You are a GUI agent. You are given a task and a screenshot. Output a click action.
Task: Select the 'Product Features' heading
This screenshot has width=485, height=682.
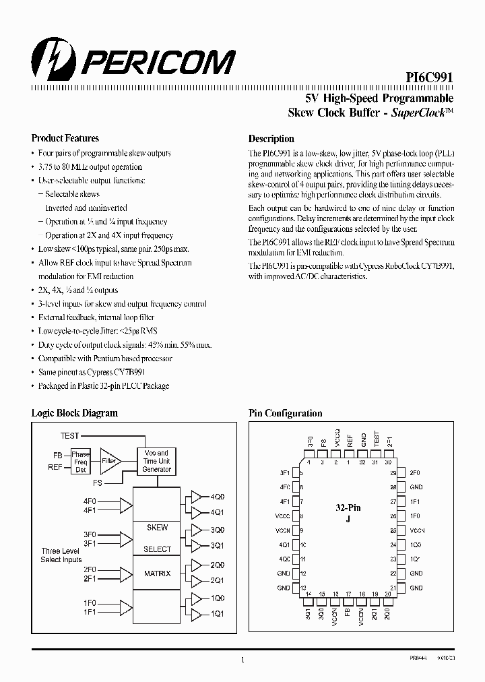coord(65,138)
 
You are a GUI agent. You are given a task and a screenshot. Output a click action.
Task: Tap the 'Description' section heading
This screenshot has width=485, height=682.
coord(271,138)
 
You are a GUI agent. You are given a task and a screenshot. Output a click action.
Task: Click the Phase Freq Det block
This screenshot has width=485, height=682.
coord(80,462)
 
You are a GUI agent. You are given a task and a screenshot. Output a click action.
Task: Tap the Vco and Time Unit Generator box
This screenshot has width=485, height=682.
coord(157,461)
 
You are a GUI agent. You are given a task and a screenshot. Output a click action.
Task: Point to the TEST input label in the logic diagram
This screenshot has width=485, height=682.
coord(70,436)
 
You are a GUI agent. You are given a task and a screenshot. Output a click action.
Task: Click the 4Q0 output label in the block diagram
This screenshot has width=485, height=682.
coord(218,497)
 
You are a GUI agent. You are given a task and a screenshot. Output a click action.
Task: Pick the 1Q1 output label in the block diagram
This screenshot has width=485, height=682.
coord(218,614)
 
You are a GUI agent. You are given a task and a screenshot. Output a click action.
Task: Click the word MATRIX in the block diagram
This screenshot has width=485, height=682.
coord(157,573)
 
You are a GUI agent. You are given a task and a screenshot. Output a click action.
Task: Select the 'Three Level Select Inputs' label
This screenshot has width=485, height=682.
coord(61,555)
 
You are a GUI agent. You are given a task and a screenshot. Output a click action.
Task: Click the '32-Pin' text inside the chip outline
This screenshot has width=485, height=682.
coord(348,507)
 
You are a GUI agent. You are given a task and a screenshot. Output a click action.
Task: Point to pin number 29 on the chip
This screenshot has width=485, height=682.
coord(393,473)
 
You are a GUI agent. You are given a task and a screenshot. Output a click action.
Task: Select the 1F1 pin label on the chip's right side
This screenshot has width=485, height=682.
coord(416,501)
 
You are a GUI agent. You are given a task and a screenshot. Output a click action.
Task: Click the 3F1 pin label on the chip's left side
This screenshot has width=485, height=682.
coord(284,473)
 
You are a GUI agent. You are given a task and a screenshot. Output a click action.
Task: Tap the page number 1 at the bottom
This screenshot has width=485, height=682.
coord(243,661)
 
